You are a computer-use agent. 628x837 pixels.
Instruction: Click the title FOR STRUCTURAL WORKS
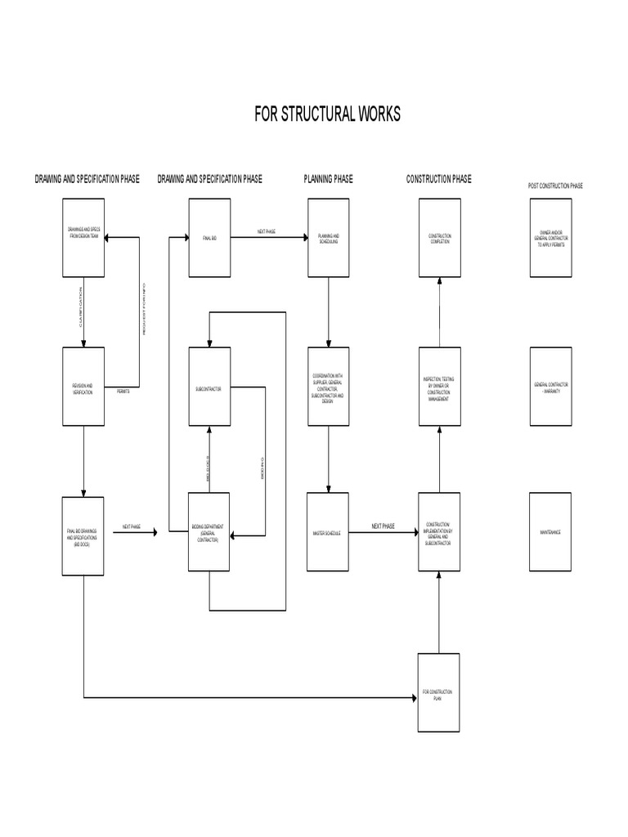pos(327,114)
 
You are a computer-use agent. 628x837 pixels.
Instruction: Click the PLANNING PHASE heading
pos(328,179)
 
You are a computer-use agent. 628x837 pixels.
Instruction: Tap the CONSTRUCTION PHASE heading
pos(438,179)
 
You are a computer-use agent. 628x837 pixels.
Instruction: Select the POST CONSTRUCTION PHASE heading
pos(555,186)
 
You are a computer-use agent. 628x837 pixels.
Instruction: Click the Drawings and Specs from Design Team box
pos(83,238)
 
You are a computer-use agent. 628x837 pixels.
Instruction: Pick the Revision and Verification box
pos(83,387)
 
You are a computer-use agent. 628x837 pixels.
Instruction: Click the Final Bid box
pos(209,238)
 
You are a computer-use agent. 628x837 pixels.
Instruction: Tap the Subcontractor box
pos(209,387)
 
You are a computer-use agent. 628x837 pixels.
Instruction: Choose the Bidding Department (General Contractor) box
pos(209,532)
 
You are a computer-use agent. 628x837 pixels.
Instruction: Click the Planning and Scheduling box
pos(328,238)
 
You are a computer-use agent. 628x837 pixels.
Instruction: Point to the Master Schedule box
pos(328,532)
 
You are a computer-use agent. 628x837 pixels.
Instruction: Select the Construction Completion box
pos(439,238)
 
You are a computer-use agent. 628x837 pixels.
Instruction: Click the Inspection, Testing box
pos(439,387)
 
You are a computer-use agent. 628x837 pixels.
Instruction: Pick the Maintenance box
pos(550,532)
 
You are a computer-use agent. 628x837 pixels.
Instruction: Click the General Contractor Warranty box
pos(550,387)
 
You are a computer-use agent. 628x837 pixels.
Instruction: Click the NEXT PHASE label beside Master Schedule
pos(383,526)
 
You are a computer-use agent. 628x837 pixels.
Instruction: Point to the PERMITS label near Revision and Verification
pos(123,392)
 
